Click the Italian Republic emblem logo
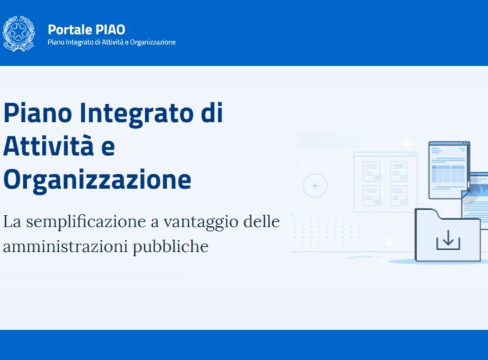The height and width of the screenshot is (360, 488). coord(19,34)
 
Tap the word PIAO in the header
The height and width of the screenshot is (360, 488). coord(110,30)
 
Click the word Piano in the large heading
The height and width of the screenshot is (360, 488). coord(38,113)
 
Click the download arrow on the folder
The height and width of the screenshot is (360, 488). coord(448,240)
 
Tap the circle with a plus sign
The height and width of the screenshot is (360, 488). coord(315,186)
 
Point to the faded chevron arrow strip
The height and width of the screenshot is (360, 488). coord(330,141)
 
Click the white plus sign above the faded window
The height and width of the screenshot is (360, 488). coord(407,144)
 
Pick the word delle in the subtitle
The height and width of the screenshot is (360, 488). coord(261,222)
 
